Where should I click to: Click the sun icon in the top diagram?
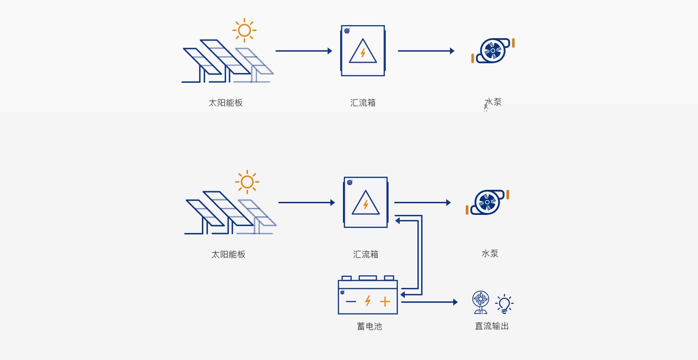[x=244, y=30]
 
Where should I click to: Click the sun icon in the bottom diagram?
[x=247, y=182]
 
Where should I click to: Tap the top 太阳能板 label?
[x=226, y=103]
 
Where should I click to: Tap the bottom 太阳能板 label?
[x=228, y=254]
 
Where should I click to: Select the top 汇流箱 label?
[x=362, y=103]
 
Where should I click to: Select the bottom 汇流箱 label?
[x=365, y=254]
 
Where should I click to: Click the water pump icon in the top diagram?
[x=493, y=50]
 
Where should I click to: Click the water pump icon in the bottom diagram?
[x=487, y=202]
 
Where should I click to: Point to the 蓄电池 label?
[x=369, y=327]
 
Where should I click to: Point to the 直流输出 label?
[x=492, y=326]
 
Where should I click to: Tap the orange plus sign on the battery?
[x=385, y=301]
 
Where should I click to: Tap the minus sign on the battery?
[x=351, y=301]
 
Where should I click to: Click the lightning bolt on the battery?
[x=368, y=300]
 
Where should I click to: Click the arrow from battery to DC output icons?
[x=430, y=302]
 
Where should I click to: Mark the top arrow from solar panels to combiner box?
[x=304, y=51]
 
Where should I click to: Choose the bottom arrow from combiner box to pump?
[x=423, y=202]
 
